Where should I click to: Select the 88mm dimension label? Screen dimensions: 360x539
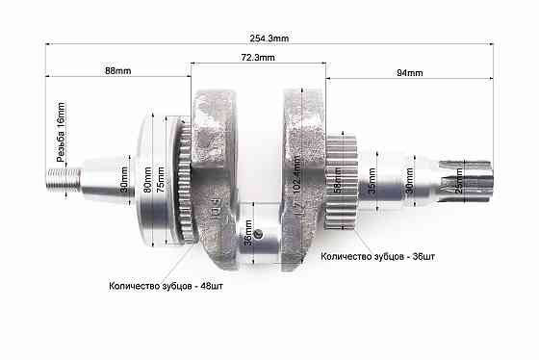click(118, 72)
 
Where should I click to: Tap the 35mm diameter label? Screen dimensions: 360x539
click(372, 178)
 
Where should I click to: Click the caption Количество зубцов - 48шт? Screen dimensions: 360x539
click(166, 286)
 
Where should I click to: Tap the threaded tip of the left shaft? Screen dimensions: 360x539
click(63, 177)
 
